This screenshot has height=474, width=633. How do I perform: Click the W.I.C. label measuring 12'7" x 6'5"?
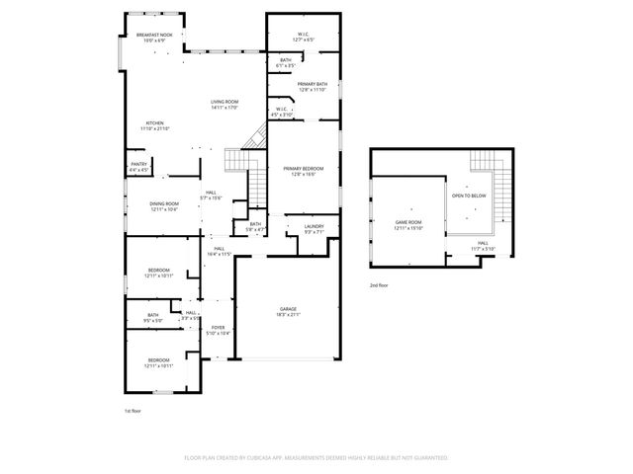click(x=304, y=38)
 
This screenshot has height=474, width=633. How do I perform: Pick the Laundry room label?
click(x=314, y=229)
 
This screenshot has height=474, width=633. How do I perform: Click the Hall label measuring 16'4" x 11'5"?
click(x=219, y=252)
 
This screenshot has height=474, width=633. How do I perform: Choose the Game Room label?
click(x=408, y=224)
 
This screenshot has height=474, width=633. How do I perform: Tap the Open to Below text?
click(x=469, y=196)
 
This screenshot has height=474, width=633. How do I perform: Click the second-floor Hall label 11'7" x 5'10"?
click(x=482, y=245)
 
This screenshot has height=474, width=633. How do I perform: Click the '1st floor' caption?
click(x=134, y=410)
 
